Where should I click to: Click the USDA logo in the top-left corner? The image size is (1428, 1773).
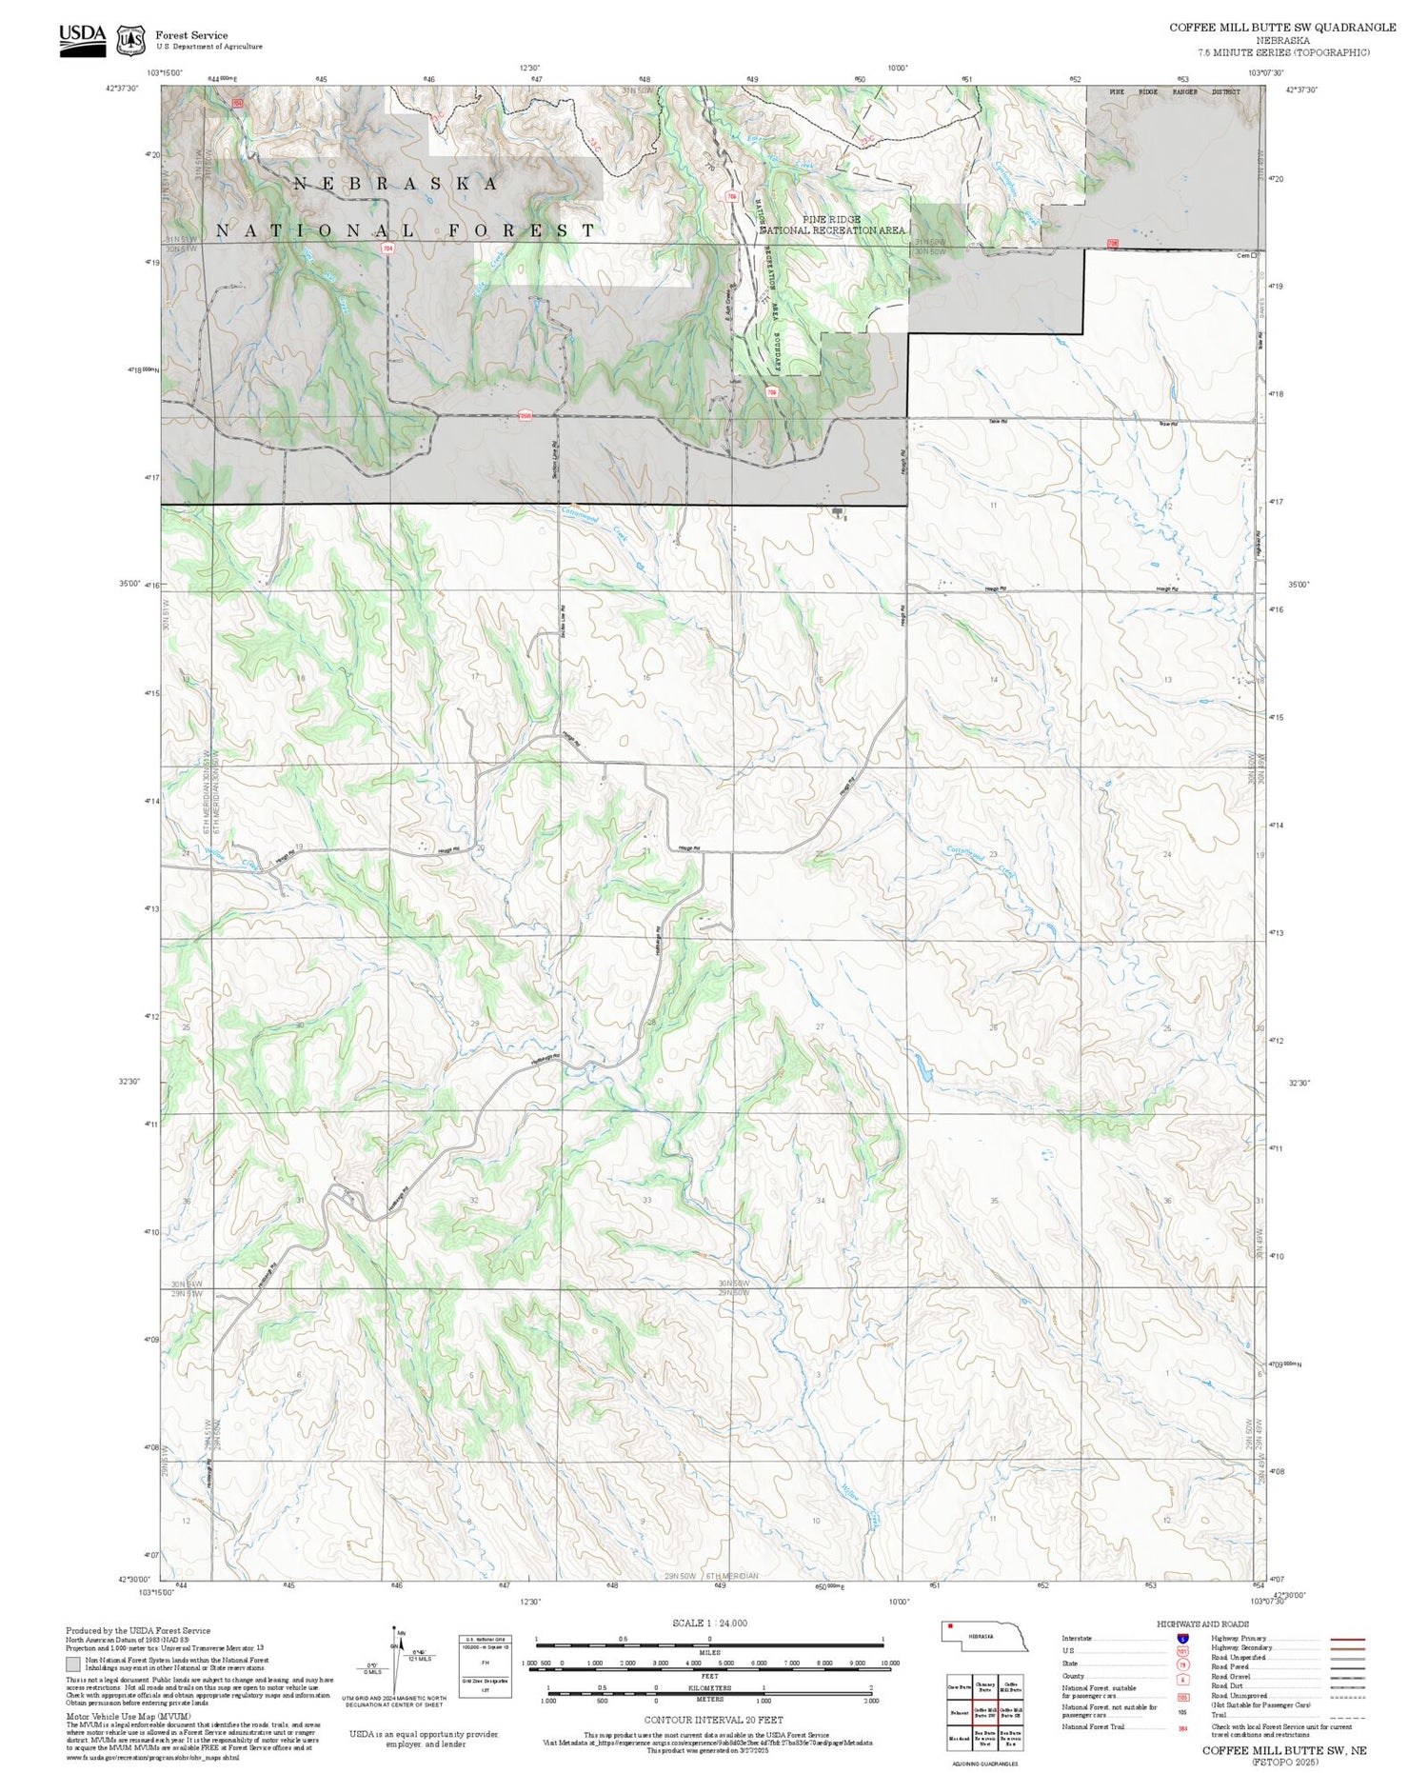[82, 40]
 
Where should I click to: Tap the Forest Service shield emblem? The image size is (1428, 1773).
[130, 41]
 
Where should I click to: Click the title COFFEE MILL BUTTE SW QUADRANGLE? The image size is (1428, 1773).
[1282, 28]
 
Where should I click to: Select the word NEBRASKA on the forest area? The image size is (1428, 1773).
[395, 184]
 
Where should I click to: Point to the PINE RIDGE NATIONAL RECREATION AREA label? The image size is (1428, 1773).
[831, 225]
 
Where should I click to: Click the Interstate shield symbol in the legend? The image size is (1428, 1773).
[1182, 1638]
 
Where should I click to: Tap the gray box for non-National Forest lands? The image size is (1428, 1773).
[73, 1663]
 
